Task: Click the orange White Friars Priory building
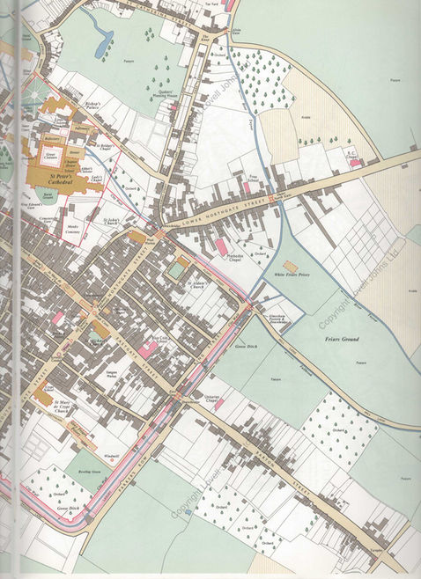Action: tap(292, 264)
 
